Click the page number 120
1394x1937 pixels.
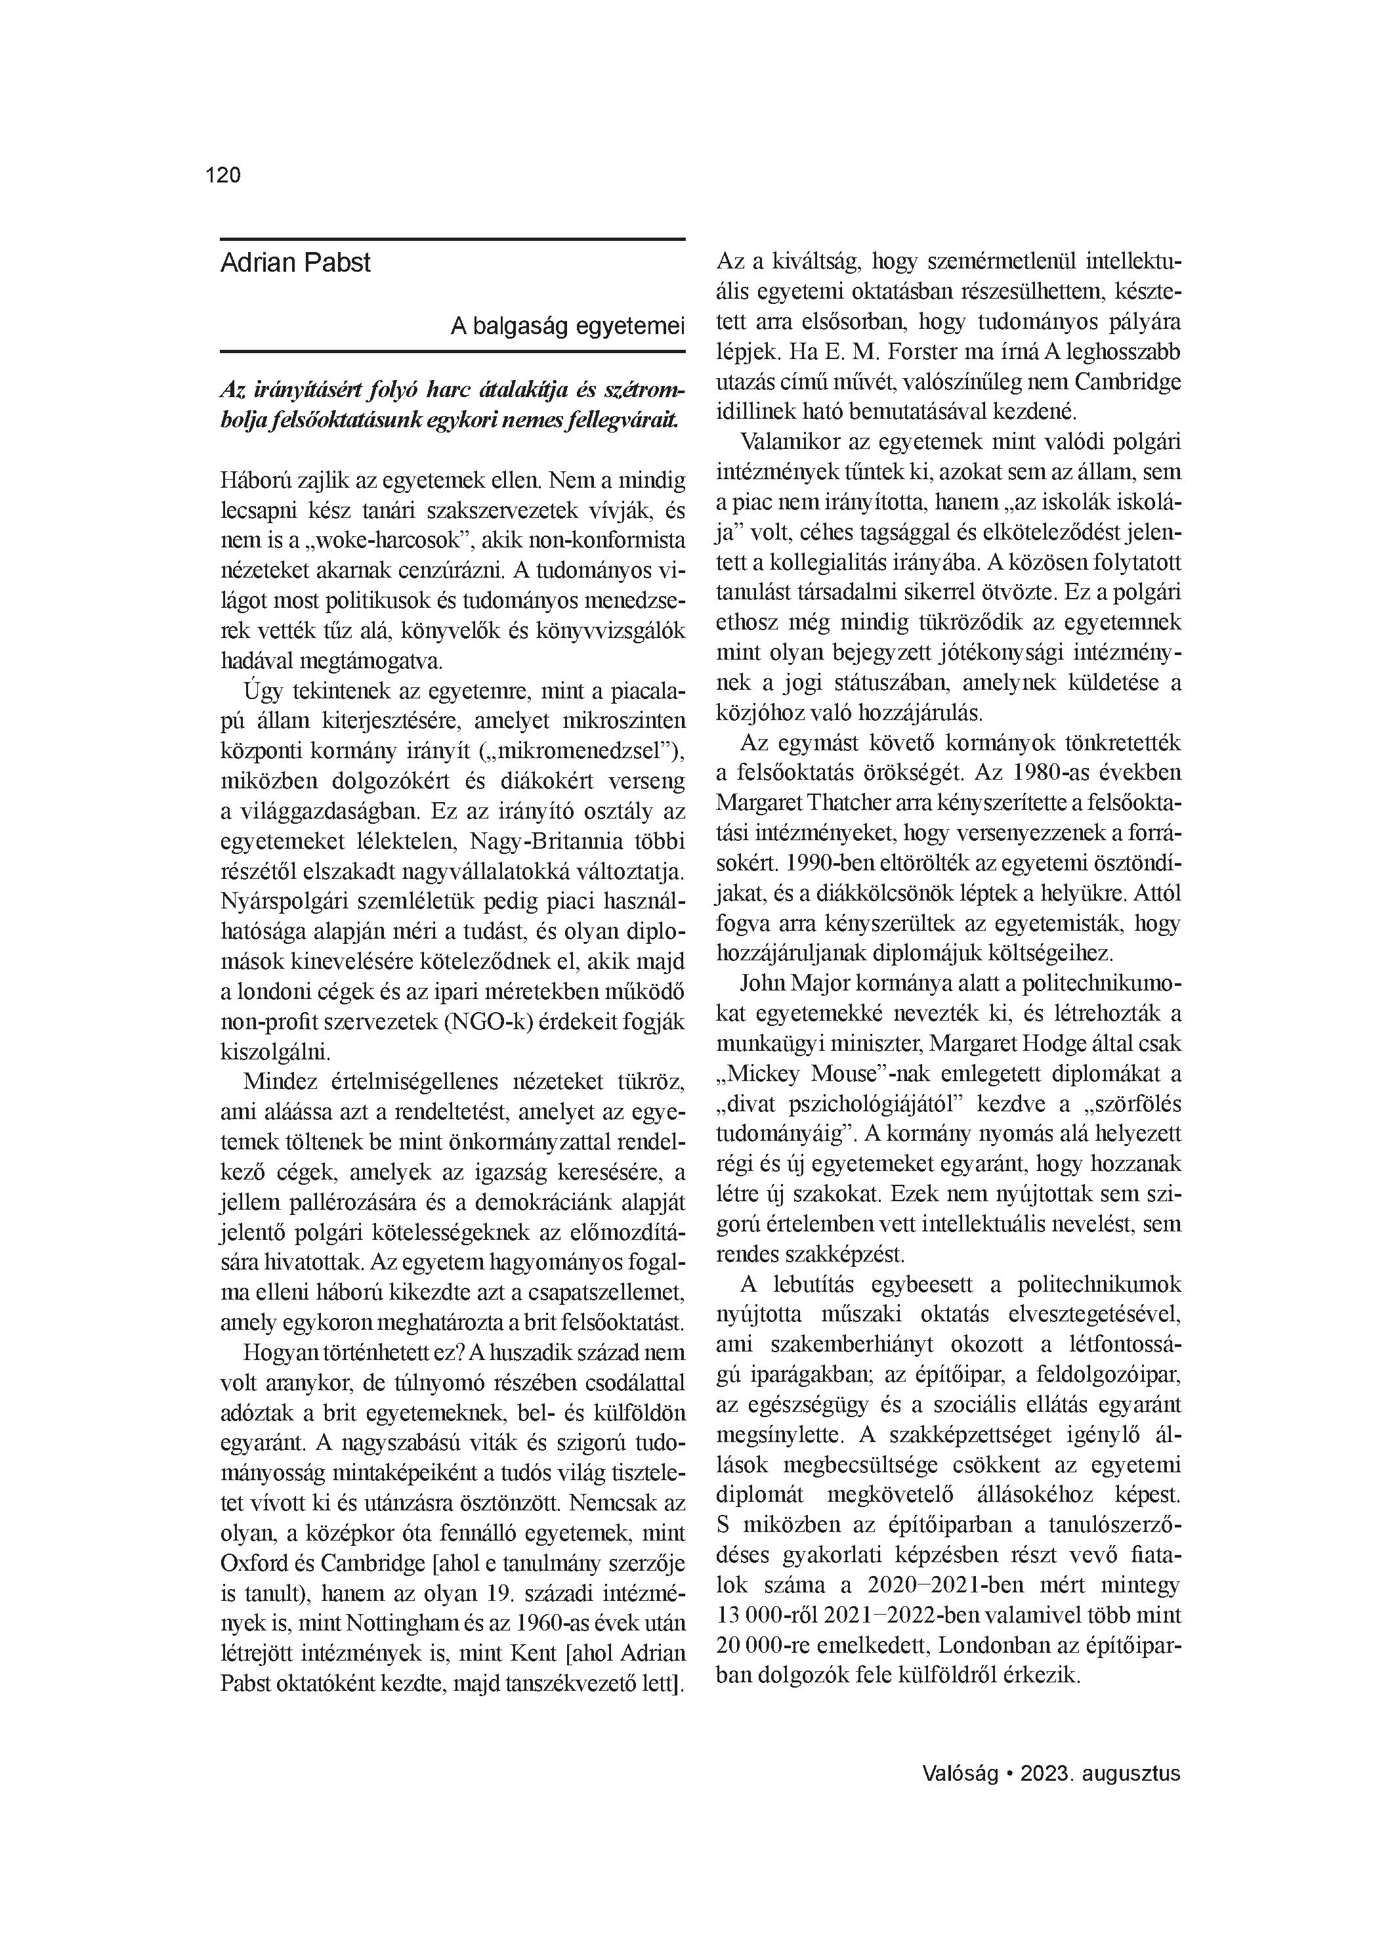[x=223, y=175]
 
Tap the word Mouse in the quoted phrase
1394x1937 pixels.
[x=837, y=1074]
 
